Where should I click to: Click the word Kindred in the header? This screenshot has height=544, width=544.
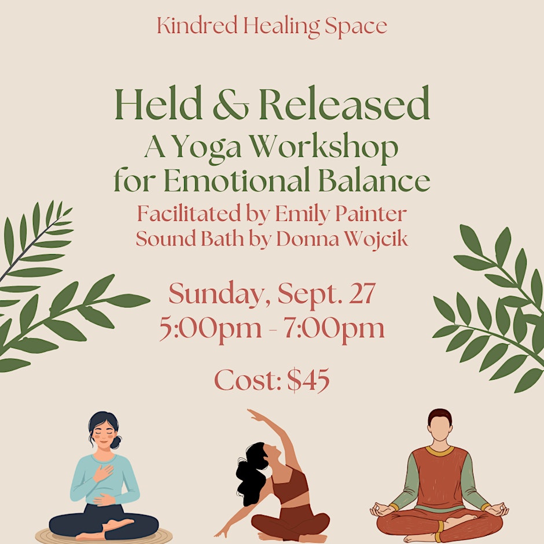[x=197, y=25]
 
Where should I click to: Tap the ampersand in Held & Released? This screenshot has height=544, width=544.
[x=231, y=104]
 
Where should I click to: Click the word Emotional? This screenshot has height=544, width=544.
[x=237, y=181]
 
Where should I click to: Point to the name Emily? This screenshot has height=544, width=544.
[x=302, y=214]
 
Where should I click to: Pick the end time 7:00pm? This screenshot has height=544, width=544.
[x=334, y=329]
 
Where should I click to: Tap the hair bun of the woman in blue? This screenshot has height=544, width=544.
[x=116, y=442]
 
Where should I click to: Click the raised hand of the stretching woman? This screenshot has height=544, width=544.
[x=255, y=415]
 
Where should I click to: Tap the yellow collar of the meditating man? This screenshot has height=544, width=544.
[x=440, y=451]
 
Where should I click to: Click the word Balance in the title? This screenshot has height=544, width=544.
[x=374, y=181]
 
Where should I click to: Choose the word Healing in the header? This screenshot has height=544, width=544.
[x=281, y=27]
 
